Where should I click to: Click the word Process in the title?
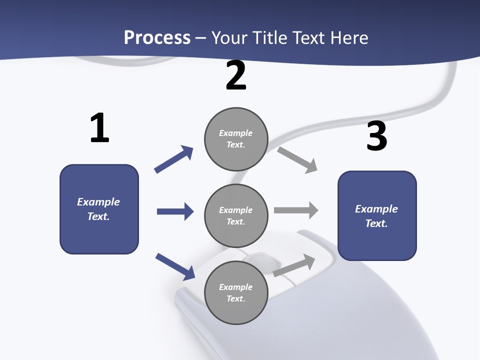click(157, 37)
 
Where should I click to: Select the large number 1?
click(99, 128)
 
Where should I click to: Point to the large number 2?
click(236, 76)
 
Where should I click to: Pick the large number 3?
click(377, 136)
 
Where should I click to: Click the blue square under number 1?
click(99, 209)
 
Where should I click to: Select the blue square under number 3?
click(377, 216)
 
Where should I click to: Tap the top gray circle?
click(236, 139)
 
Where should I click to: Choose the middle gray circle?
click(236, 216)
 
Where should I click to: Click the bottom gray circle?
click(236, 293)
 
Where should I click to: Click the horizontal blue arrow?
click(175, 211)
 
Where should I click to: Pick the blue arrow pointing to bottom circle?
click(175, 266)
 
